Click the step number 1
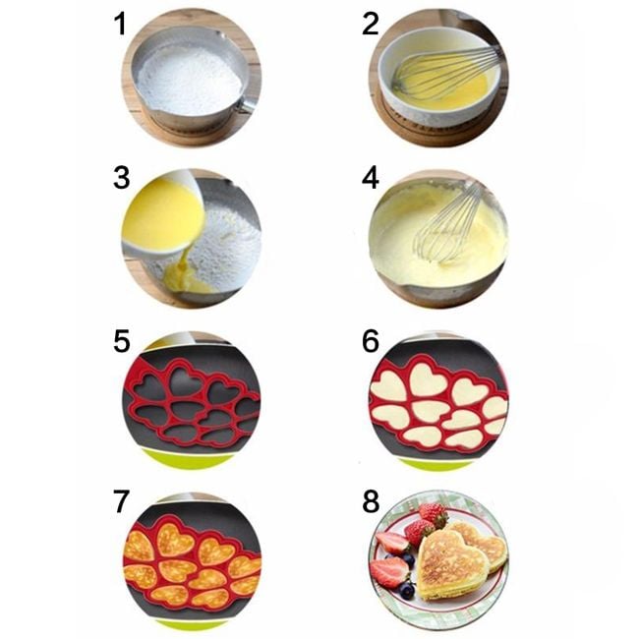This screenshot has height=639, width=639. [120, 24]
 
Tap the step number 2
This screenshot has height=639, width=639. [371, 24]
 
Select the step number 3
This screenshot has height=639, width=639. [122, 178]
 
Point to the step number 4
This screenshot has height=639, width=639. [371, 178]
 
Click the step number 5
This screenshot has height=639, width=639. [122, 341]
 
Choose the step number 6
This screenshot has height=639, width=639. [371, 341]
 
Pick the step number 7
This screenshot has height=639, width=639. [122, 501]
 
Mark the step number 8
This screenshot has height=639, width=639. [371, 501]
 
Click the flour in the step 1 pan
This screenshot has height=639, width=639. [189, 79]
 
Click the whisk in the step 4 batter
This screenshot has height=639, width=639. [448, 228]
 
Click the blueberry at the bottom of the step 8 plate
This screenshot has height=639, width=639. [407, 591]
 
